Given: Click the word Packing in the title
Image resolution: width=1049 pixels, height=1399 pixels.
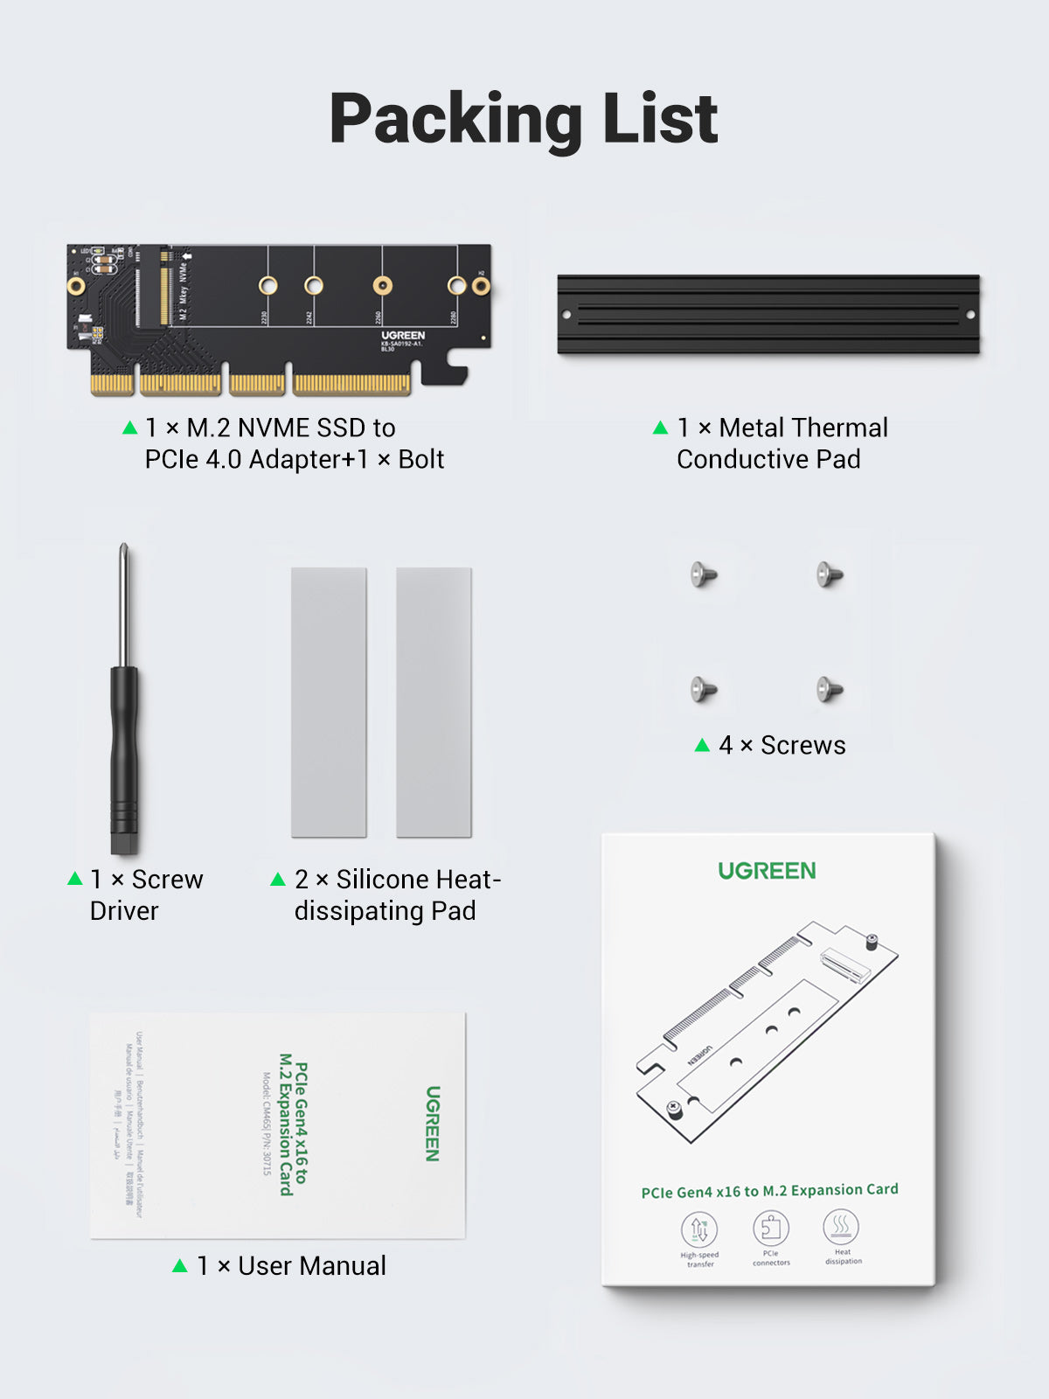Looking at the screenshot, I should coord(455,120).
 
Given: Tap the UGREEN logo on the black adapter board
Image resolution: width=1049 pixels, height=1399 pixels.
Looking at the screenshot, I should coord(403,336).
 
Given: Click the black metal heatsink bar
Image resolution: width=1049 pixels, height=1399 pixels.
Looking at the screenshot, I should coord(768,315).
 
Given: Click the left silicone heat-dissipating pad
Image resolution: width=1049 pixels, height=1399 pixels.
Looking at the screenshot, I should coord(329,702).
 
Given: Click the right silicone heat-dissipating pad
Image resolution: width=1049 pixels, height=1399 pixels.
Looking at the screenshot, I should coord(434,702).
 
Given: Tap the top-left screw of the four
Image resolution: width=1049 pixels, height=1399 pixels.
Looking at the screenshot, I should coord(704,574).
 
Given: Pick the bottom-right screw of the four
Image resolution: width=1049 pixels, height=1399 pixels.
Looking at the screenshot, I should coord(829,689).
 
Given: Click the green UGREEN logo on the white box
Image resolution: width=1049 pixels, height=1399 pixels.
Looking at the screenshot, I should coord(767,871).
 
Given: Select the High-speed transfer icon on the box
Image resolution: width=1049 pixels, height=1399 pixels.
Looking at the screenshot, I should coord(699,1229).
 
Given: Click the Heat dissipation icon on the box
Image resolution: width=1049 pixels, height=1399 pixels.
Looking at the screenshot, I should coord(841,1226).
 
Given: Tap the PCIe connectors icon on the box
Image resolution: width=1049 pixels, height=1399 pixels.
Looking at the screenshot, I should coord(771,1228).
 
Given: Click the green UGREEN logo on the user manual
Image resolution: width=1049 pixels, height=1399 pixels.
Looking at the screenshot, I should coord(433,1124).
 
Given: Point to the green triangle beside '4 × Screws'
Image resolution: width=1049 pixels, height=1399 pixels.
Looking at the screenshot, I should coord(702,745).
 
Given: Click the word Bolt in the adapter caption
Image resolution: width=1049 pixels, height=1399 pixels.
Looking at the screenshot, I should coord(421,459).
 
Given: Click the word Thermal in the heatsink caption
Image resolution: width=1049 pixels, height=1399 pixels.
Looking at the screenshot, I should coord(803,428).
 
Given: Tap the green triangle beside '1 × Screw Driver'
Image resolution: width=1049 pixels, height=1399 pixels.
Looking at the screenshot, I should coord(75,879).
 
